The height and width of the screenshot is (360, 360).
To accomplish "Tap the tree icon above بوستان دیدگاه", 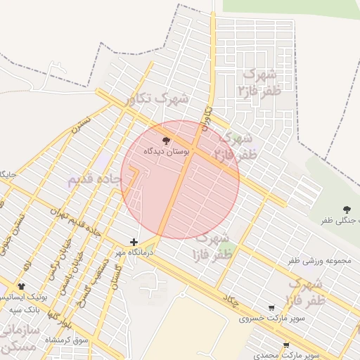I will click(x=166, y=140).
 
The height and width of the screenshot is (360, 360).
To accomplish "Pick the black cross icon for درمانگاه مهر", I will click(x=134, y=242).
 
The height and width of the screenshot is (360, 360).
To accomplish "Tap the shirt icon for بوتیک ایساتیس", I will click(x=21, y=286).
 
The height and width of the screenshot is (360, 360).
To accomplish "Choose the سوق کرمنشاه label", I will click(x=67, y=340).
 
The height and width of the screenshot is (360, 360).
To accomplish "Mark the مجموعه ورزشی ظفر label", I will click(x=319, y=261).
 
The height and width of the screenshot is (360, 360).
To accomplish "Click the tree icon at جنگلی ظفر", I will click(x=347, y=209).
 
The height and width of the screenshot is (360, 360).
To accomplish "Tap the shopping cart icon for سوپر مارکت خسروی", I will click(x=271, y=307).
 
